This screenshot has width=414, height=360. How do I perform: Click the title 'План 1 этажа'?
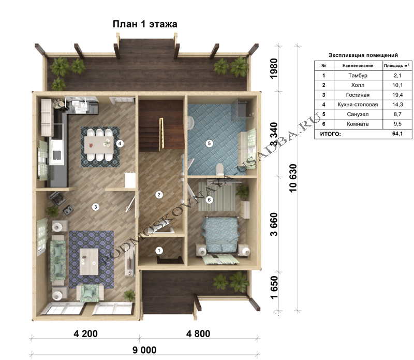pos(145,24)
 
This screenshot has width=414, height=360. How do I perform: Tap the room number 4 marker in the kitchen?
pos(120,143)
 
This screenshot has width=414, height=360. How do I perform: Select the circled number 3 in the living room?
pos(96,207)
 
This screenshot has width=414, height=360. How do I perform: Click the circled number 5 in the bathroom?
pos(209,143)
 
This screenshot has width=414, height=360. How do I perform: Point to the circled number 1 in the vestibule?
pos(159,250)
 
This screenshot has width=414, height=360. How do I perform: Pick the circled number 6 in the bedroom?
pos(209,199)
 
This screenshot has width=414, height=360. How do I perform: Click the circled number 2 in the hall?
pos(159,195)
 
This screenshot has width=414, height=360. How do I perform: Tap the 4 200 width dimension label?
pos(85,334)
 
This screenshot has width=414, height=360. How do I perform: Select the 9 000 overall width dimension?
pos(144,350)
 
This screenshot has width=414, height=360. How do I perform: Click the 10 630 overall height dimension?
pos(293,178)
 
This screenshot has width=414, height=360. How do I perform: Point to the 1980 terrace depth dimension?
pos(274,68)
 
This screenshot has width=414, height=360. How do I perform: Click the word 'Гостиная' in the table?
pos(358,95)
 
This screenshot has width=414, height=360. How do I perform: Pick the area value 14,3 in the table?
pos(397,105)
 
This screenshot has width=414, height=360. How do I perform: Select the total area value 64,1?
pos(397,134)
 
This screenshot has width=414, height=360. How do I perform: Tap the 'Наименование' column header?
pos(358,66)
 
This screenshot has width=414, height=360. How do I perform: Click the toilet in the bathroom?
pos(219,169)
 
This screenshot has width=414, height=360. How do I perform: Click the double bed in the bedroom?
pos(220,235)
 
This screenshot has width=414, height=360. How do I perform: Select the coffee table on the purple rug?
pos(89,262)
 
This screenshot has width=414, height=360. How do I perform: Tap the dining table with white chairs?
pos(99,145)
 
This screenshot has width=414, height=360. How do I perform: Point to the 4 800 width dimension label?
pos(198,334)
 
